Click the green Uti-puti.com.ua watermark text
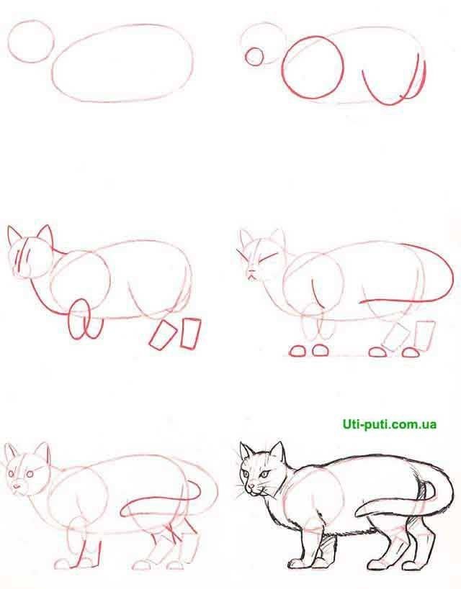click(390, 424)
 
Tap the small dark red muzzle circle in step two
click(254, 48)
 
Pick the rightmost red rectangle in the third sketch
click(191, 334)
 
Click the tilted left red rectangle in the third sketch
click(163, 335)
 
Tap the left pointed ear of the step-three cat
click(14, 236)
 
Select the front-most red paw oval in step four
click(297, 351)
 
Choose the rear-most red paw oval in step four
click(411, 352)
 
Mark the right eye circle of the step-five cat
click(30, 475)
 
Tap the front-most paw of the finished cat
click(295, 564)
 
